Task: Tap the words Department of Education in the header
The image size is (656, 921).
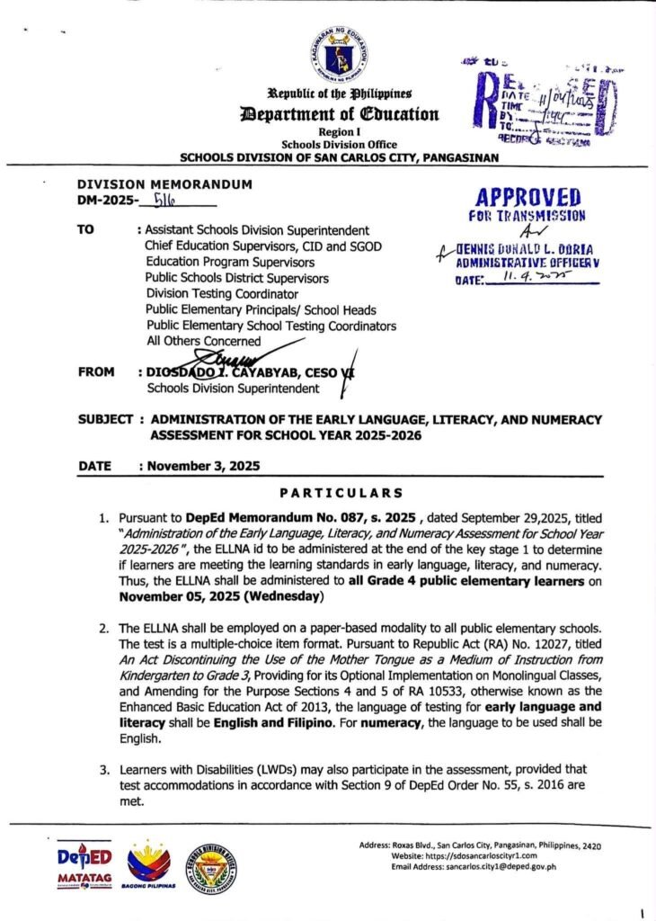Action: click(338, 114)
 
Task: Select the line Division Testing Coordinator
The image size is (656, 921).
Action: click(221, 294)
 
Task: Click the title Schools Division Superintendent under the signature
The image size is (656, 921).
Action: click(233, 389)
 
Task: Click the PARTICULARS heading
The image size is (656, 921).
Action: click(341, 494)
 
